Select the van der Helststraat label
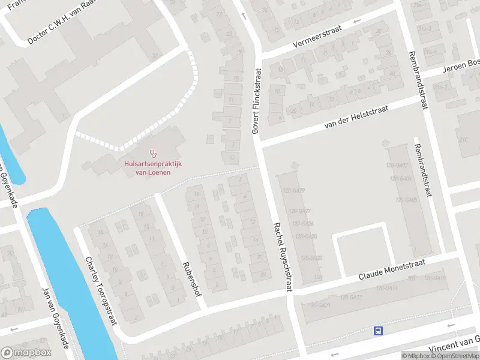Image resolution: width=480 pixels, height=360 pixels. pos(356,116)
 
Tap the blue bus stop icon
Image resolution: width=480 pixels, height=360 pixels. pos(379,331)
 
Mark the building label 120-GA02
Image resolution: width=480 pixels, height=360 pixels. pos(399,165)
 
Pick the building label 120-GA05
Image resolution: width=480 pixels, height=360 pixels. pos(407,200)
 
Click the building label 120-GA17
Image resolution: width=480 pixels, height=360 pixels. pos(350,297)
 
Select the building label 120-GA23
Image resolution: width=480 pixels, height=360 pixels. pos(311,258)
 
